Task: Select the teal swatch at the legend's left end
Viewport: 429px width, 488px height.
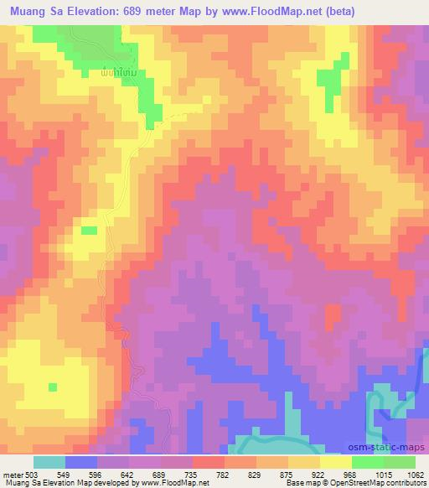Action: click(x=49, y=462)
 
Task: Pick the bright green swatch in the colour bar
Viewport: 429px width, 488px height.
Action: click(x=368, y=462)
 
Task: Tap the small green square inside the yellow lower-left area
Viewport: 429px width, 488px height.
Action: click(x=53, y=387)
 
